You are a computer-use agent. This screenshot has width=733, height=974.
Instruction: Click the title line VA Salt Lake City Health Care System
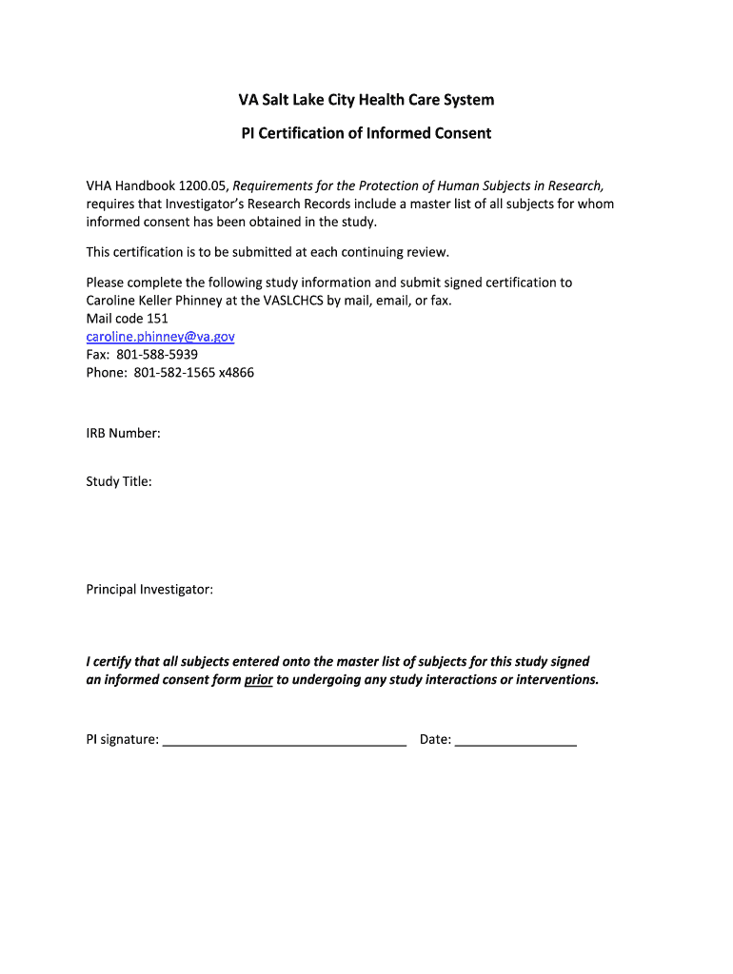tap(366, 100)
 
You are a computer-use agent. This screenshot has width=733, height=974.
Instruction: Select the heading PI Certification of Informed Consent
tap(366, 133)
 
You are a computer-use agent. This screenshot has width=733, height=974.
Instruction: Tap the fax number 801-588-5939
tap(157, 354)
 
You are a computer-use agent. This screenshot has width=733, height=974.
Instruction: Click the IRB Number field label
tap(123, 434)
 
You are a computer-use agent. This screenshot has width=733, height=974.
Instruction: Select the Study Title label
tap(119, 481)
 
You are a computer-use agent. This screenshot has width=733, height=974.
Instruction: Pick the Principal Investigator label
tap(149, 590)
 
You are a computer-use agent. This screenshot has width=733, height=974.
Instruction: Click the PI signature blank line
tap(285, 739)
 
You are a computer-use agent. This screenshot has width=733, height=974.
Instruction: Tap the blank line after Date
tap(516, 739)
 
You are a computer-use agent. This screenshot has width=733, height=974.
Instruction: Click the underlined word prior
tap(259, 680)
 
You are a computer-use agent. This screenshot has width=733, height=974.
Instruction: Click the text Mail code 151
tap(127, 319)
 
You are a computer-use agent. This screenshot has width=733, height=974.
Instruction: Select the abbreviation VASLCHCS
tap(286, 301)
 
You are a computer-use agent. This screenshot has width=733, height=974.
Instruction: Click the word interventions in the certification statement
tap(558, 680)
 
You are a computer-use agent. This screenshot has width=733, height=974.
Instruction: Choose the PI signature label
tap(122, 739)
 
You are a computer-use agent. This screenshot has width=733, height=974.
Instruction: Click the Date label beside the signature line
tap(435, 739)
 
